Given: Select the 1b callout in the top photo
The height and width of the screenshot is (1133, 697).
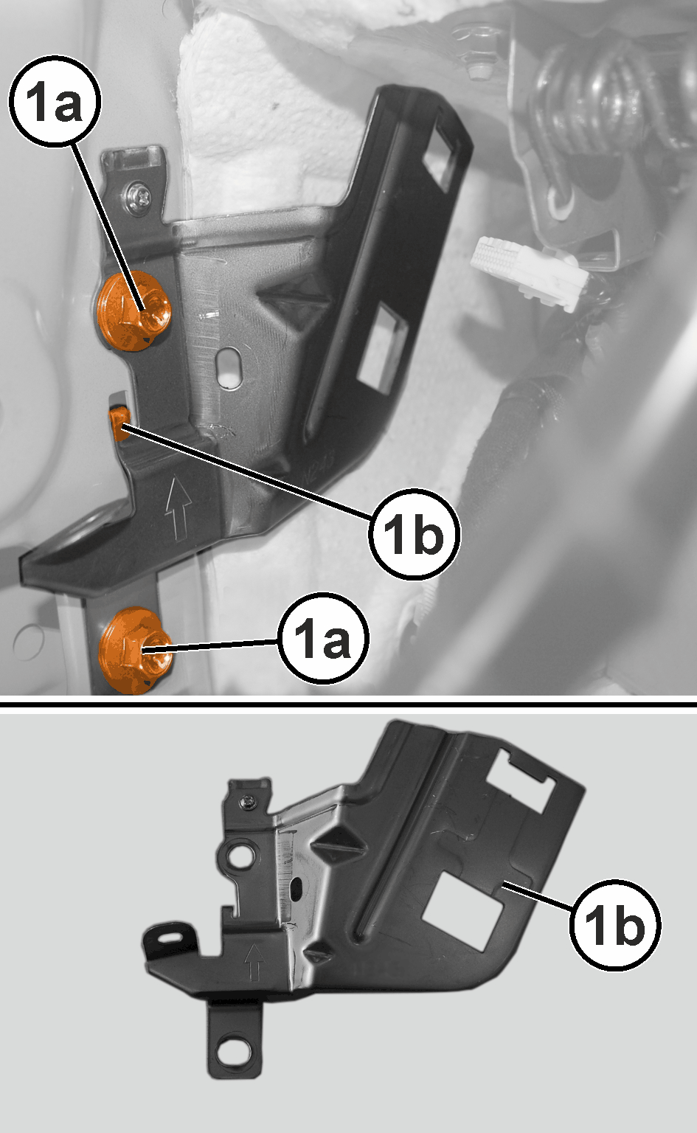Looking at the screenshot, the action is click(413, 533).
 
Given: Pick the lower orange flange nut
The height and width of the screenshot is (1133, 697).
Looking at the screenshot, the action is click(134, 651).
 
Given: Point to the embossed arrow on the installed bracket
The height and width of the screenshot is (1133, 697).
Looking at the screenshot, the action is click(178, 507).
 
